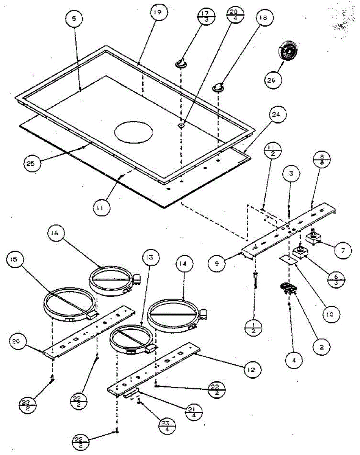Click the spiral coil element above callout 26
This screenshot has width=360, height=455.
[287, 50]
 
